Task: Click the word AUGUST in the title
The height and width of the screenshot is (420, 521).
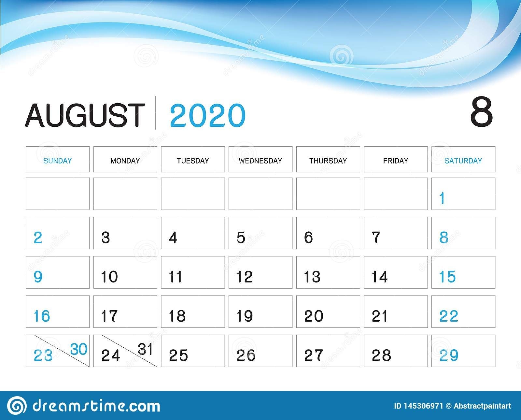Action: pyautogui.click(x=85, y=115)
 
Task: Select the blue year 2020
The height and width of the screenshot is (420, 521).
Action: pyautogui.click(x=208, y=115)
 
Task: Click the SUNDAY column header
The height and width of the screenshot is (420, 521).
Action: pyautogui.click(x=58, y=161)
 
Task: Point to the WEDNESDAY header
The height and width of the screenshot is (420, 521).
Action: pyautogui.click(x=260, y=161)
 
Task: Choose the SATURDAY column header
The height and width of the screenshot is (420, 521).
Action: pyautogui.click(x=463, y=161)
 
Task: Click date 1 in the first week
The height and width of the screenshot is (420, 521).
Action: pyautogui.click(x=442, y=198)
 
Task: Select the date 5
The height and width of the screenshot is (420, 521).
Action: pyautogui.click(x=241, y=237)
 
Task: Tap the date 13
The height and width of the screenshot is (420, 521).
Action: pyautogui.click(x=312, y=277)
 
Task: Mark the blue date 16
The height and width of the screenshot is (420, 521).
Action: pyautogui.click(x=42, y=316)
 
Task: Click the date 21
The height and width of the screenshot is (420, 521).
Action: pyautogui.click(x=379, y=316)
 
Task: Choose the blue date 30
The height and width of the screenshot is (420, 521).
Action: pyautogui.click(x=79, y=349)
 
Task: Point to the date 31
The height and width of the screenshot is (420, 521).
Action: pyautogui.click(x=145, y=349)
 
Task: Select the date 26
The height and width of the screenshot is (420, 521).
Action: pyautogui.click(x=246, y=355)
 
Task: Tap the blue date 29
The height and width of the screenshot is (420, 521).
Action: pyautogui.click(x=449, y=355)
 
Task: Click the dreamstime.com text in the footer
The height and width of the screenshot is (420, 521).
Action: pyautogui.click(x=96, y=405)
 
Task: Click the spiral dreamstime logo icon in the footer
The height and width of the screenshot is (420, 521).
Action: pyautogui.click(x=17, y=405)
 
